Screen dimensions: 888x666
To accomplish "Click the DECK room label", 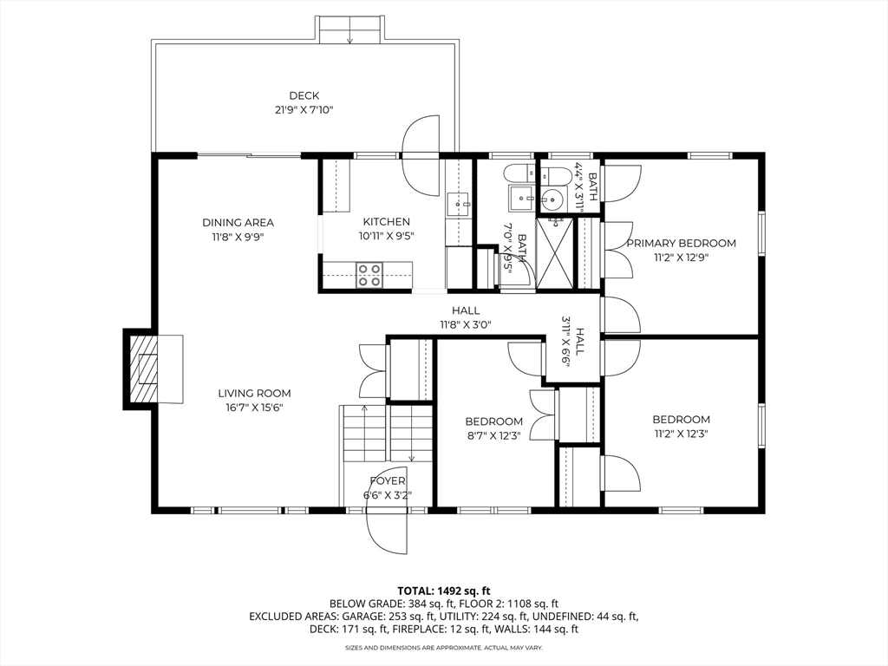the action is [x=304, y=95].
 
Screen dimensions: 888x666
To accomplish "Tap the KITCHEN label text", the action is [x=386, y=221].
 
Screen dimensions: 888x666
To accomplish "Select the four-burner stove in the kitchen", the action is [x=369, y=275].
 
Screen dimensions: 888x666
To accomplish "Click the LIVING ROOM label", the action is [x=254, y=393].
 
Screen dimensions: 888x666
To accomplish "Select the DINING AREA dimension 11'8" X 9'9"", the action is [x=238, y=237].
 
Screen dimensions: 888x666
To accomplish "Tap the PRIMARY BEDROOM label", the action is [x=681, y=243].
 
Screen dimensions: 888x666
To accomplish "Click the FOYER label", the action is [x=388, y=480].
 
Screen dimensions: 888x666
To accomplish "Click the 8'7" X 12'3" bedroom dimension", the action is [x=493, y=435].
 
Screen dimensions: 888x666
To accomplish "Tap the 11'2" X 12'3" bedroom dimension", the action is [x=681, y=434].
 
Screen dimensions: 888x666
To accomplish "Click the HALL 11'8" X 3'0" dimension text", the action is [x=466, y=324].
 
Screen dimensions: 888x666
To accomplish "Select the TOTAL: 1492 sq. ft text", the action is [x=443, y=591].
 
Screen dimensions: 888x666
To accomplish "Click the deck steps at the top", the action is [x=350, y=30].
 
